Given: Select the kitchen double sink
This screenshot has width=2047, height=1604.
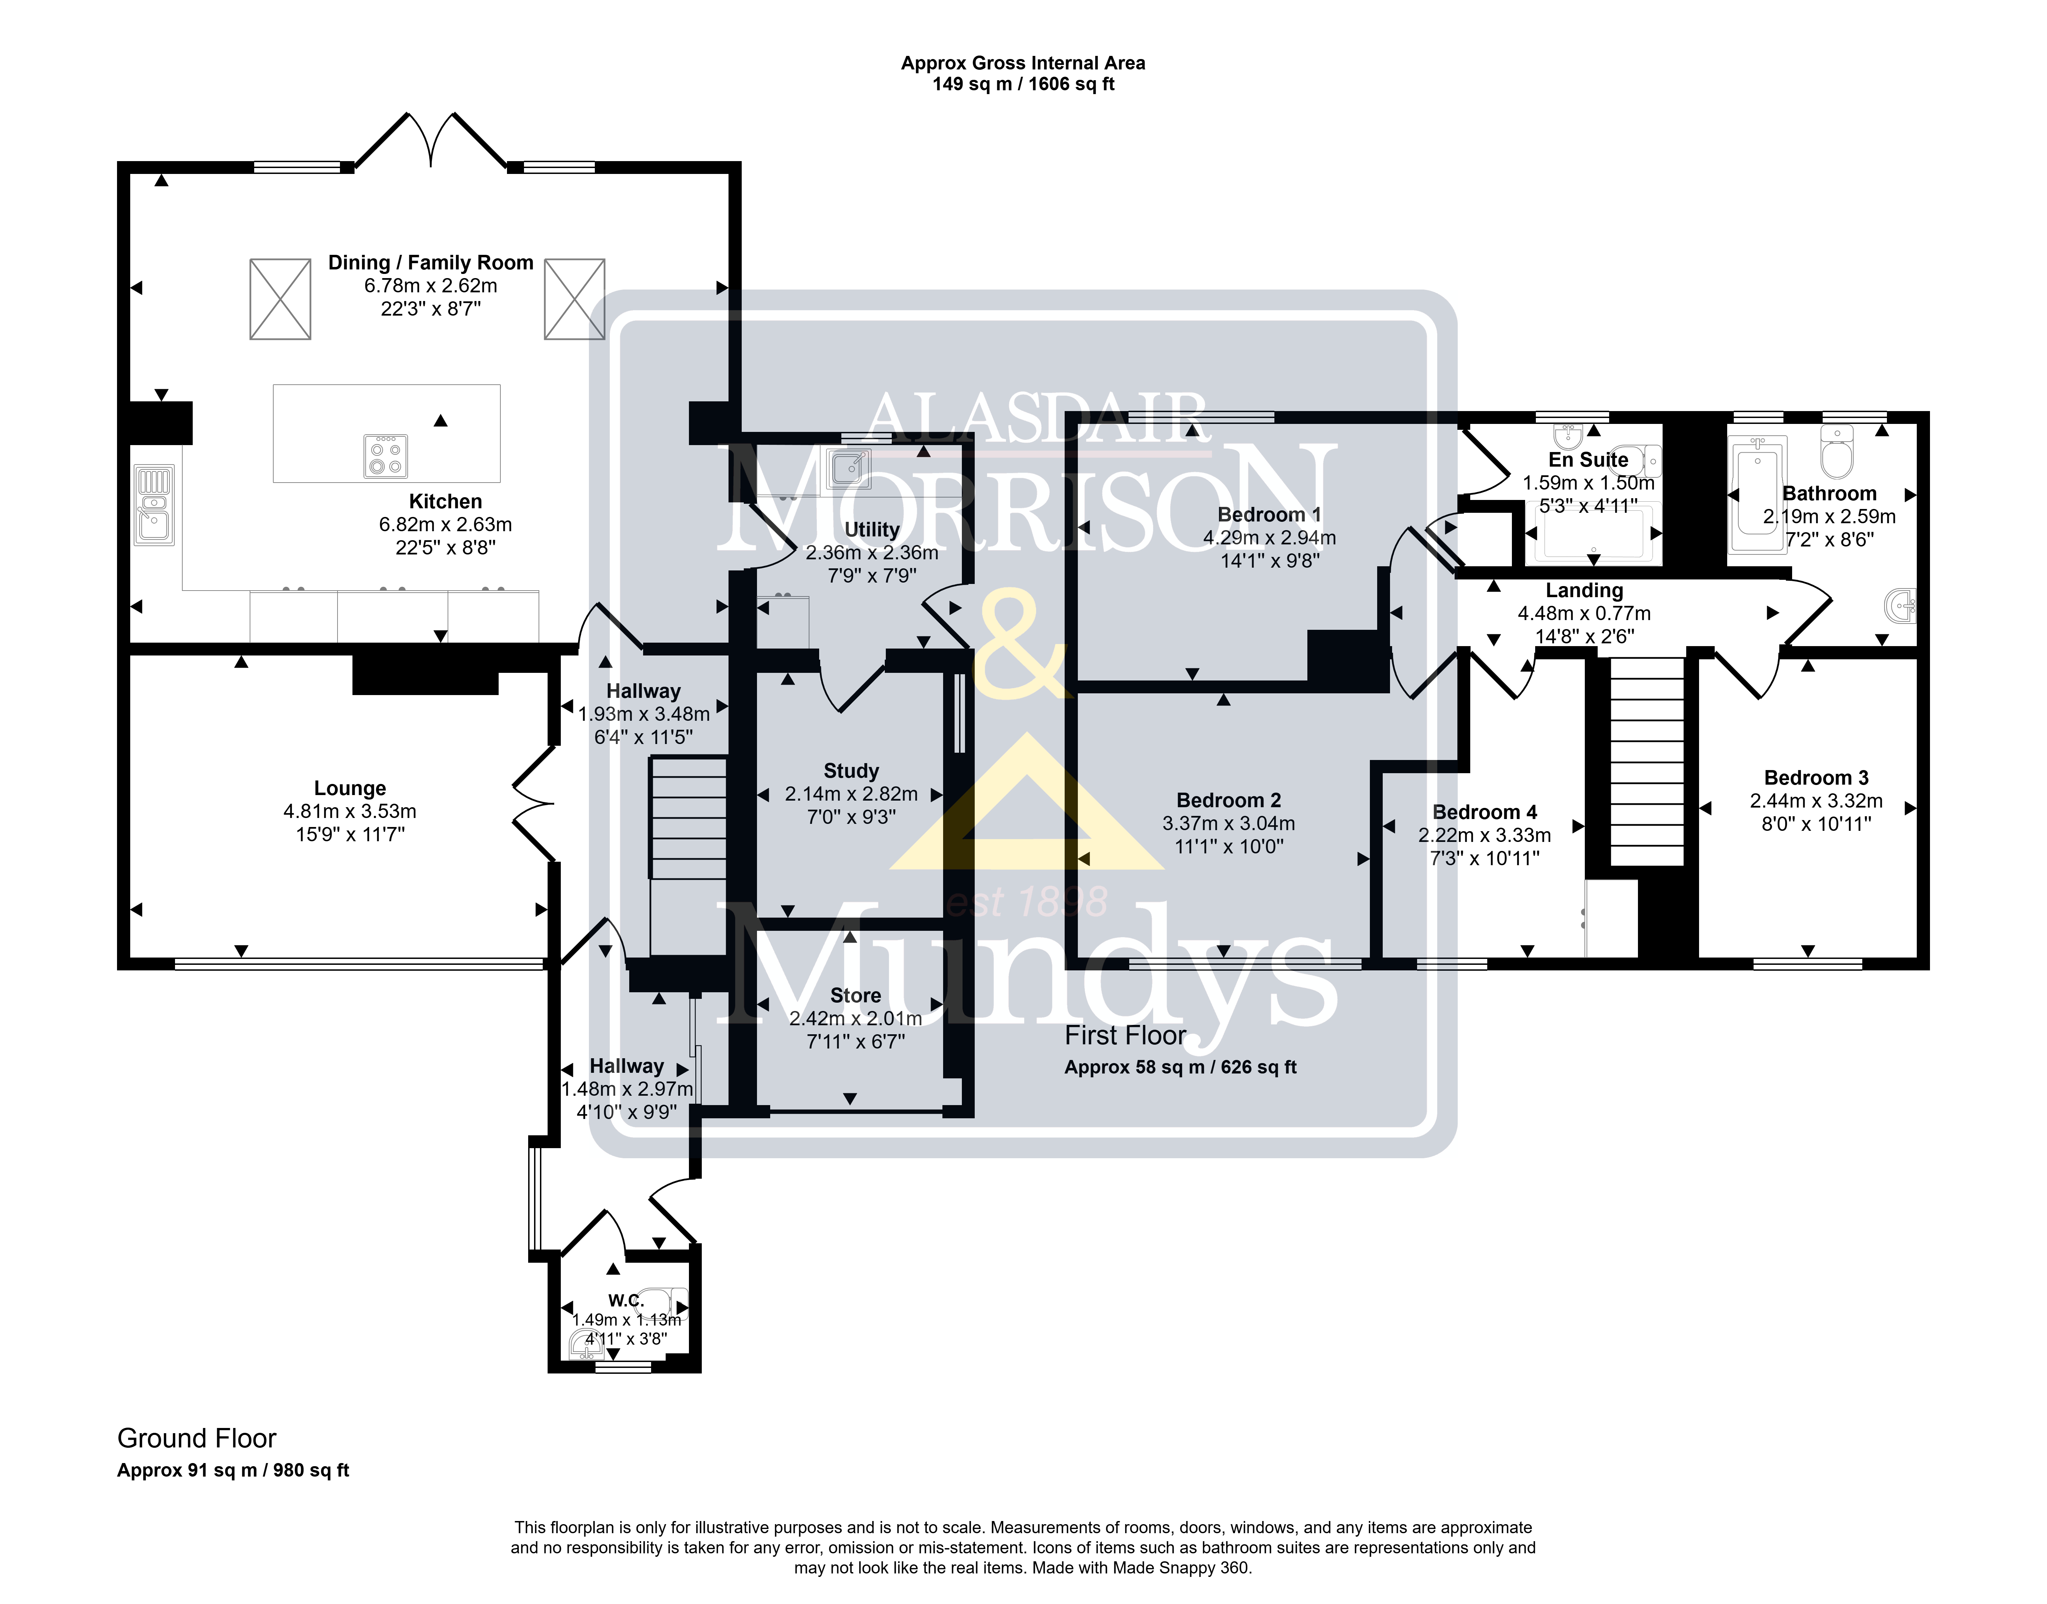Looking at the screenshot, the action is pyautogui.click(x=154, y=505).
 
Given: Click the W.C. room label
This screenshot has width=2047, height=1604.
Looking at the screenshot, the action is pyautogui.click(x=626, y=1301).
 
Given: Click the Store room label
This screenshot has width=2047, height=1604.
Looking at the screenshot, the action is pyautogui.click(x=855, y=995).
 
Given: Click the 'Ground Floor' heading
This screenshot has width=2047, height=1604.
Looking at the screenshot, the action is pyautogui.click(x=197, y=1439).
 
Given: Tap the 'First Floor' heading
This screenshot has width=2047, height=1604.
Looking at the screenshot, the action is pyautogui.click(x=1126, y=1036).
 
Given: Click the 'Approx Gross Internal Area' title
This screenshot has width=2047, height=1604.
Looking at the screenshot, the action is pyautogui.click(x=1024, y=63).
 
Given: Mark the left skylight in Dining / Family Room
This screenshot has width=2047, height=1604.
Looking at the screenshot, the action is pyautogui.click(x=280, y=299).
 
